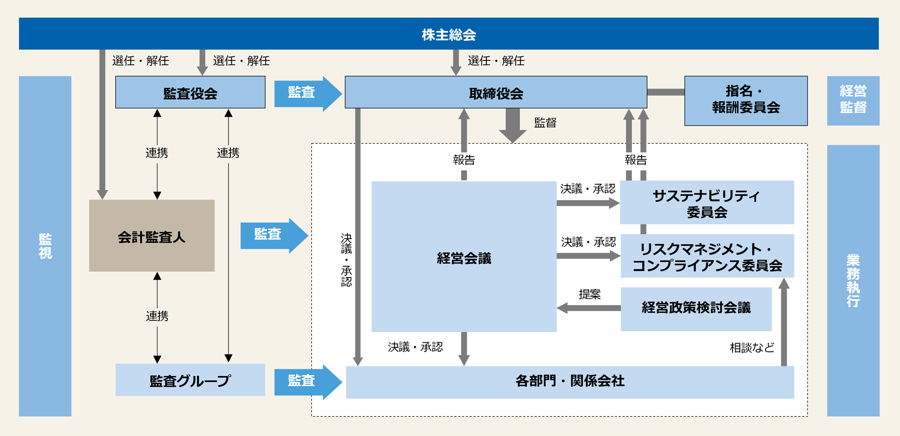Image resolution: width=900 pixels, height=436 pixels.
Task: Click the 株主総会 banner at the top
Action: click(449, 34)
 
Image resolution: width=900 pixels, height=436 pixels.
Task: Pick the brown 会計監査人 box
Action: click(152, 236)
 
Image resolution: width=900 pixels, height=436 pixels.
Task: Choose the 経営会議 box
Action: click(463, 257)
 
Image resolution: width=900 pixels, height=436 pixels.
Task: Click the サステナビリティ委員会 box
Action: click(706, 203)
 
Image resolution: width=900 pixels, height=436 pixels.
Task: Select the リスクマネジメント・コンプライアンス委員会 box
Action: click(707, 256)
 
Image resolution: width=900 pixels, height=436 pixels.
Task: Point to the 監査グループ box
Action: click(190, 380)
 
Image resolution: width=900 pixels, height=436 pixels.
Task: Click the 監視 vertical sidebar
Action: click(45, 246)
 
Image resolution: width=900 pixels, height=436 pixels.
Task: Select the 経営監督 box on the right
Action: click(853, 100)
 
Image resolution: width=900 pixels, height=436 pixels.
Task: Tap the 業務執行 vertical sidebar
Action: click(853, 280)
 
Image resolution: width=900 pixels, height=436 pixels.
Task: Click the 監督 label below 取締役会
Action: click(545, 123)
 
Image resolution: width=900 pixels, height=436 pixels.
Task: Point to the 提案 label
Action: click(589, 294)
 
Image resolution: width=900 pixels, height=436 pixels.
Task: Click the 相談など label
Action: click(751, 347)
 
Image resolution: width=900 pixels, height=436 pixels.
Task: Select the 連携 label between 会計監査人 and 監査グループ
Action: click(157, 316)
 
